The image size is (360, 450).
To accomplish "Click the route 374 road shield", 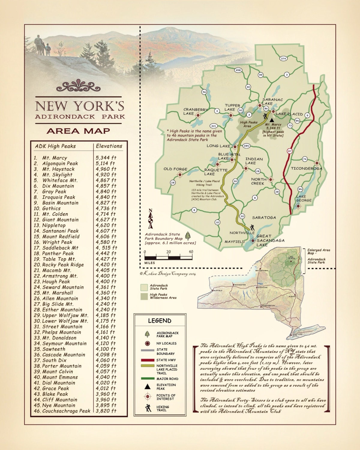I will pos(283,58).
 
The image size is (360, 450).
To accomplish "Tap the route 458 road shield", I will pos(238,70).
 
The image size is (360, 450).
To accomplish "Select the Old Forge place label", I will pos(175,169).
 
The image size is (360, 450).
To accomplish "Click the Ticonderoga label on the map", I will pos(306,169).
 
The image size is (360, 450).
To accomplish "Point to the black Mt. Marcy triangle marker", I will pos(272,119).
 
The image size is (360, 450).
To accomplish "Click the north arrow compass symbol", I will pos(151,219).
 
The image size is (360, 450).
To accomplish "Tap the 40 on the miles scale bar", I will pos(191,252).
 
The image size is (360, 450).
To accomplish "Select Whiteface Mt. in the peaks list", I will pos(60,180).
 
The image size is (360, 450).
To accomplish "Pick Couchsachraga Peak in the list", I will pos(66,411).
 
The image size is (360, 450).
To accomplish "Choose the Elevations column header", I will pos(109,146).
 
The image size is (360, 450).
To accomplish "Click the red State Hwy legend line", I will pos(147,360).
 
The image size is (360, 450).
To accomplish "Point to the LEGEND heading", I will pos(160,321).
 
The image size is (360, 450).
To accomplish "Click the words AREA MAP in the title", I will pos(78,131).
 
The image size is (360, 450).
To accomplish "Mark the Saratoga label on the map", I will pos(264,217).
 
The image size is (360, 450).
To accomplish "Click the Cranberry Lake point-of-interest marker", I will pos(198,115).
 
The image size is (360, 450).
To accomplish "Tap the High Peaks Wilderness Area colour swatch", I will pos(145,296).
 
